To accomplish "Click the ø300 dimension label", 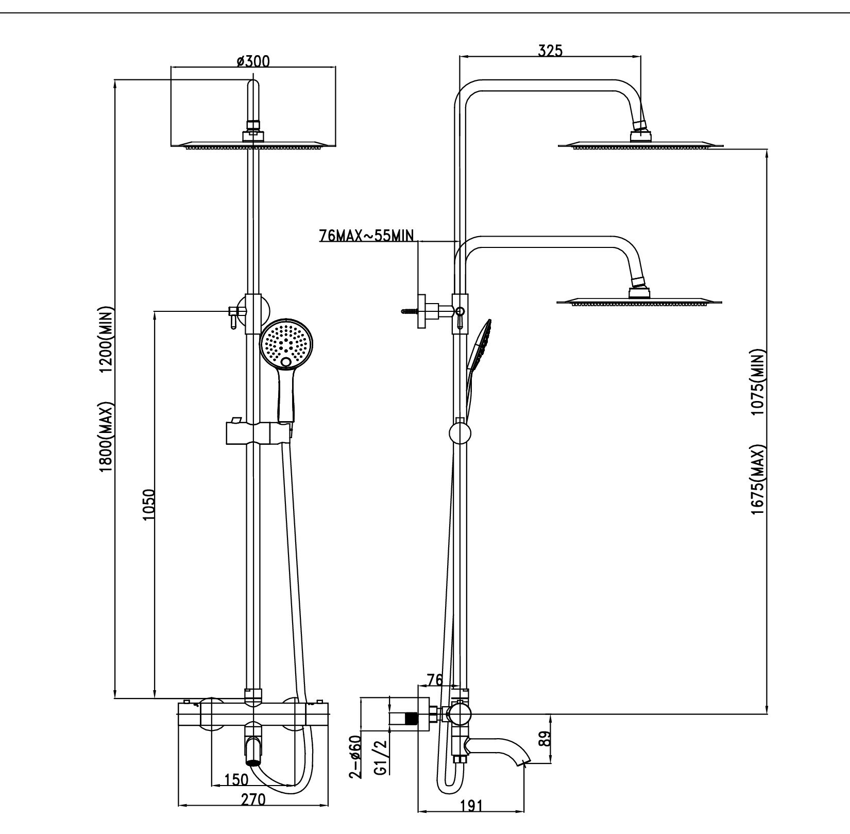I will (253, 61).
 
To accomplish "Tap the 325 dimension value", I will (550, 51).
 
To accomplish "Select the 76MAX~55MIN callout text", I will (366, 236).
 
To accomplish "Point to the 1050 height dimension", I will (148, 505).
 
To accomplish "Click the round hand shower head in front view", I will (286, 342).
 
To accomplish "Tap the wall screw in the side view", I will (409, 311).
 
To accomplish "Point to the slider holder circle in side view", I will (460, 432).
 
